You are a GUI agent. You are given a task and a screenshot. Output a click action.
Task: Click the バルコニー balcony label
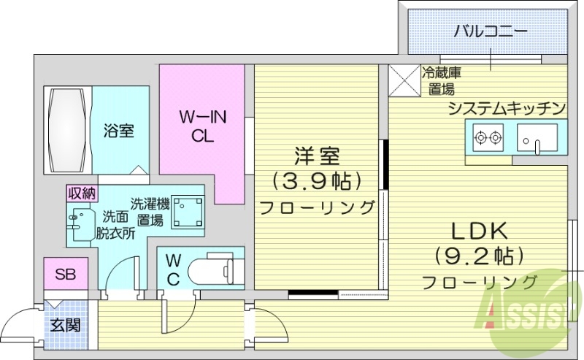[489, 31]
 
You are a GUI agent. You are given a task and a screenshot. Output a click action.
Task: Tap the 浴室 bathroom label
[118, 131]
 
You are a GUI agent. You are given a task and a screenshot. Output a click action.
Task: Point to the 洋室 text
[317, 156]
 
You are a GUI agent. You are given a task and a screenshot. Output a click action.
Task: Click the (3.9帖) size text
[317, 180]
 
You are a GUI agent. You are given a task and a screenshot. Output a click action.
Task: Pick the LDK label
[477, 232]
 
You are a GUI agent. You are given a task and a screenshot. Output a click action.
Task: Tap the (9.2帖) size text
[478, 256]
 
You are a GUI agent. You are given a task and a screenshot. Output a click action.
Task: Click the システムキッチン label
[507, 109]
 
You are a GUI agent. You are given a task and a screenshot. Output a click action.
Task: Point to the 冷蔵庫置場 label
[441, 80]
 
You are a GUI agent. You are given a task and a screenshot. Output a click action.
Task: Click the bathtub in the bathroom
[68, 130]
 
